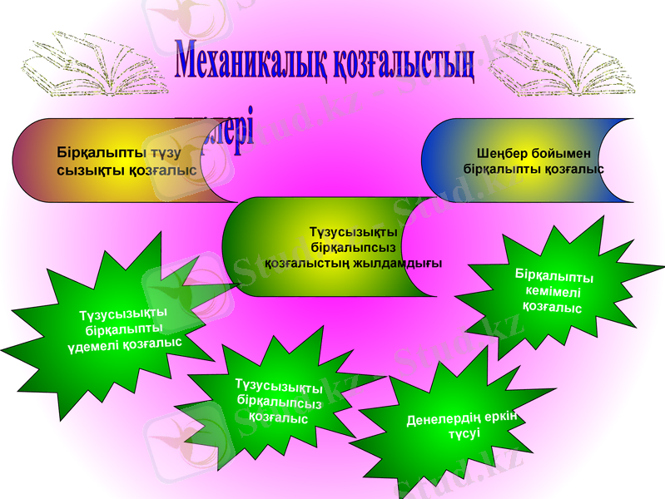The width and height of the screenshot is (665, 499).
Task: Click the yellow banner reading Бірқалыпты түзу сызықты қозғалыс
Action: click(x=125, y=161)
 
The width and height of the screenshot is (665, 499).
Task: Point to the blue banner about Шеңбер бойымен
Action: click(x=533, y=161)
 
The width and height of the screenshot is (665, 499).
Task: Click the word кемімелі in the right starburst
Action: click(x=553, y=291)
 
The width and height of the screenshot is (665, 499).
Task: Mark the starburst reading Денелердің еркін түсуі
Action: click(x=454, y=424)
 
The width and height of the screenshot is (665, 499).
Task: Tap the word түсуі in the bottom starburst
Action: click(x=464, y=435)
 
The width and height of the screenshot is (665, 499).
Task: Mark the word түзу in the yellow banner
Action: click(x=166, y=153)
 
